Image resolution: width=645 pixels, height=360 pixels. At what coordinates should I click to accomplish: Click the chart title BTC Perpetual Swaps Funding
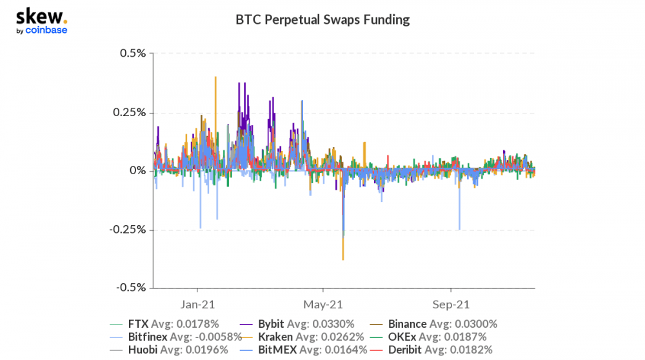coord(322,20)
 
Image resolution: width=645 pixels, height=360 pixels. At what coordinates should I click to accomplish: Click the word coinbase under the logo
coord(46,30)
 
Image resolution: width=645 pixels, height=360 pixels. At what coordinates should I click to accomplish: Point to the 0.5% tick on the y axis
coord(133,54)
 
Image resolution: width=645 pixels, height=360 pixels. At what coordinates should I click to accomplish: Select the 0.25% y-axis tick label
coord(130,112)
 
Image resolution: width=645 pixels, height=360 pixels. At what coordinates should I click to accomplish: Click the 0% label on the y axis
coord(138,170)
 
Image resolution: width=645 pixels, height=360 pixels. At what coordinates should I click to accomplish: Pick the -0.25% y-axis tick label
coord(128,229)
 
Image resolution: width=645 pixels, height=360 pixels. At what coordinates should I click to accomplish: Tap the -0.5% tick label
coord(131,287)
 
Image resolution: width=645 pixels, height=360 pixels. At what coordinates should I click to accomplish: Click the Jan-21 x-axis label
coord(197,305)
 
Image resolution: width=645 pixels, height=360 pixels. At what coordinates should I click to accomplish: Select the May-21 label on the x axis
coord(323,305)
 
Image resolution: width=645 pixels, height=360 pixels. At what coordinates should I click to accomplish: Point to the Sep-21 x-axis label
coord(451,305)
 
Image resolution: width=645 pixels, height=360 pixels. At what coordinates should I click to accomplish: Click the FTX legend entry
coord(164,325)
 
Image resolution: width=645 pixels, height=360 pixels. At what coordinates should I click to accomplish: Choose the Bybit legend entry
coord(297,325)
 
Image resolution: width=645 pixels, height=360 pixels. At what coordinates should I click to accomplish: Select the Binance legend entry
coord(433,325)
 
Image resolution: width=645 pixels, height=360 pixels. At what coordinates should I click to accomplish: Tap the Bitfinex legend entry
coord(175,337)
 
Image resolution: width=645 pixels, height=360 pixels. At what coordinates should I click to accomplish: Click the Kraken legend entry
coord(302,337)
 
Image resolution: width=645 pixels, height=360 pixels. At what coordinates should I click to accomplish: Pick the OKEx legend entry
coord(428,337)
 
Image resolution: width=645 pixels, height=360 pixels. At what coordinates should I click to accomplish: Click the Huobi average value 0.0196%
coord(206,350)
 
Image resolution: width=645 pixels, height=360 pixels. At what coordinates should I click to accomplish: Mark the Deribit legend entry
coord(431,350)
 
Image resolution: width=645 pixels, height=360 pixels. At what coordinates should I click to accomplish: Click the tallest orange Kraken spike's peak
coord(215,77)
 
